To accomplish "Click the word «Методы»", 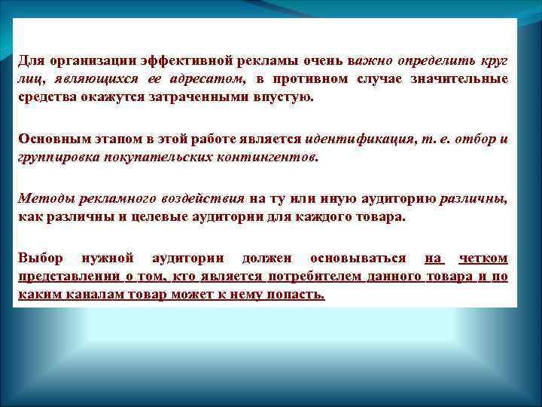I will click(x=44, y=199).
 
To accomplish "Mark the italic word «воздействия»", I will click(x=202, y=199).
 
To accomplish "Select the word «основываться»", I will click(x=356, y=259).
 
